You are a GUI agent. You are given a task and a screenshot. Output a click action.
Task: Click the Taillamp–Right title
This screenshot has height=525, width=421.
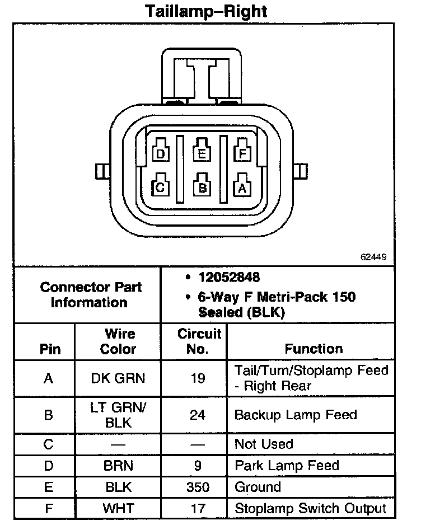coord(206,11)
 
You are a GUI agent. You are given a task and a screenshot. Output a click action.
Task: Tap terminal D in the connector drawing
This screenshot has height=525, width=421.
coord(161,153)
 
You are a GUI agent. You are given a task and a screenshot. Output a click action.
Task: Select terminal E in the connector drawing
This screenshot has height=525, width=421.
coord(202,152)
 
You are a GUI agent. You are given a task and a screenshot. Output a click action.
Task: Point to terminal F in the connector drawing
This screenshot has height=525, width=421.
coord(242,152)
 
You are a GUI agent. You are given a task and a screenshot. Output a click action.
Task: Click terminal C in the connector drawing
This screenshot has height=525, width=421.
coord(160,187)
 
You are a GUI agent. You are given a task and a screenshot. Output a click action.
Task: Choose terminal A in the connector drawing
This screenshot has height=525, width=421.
coord(242,187)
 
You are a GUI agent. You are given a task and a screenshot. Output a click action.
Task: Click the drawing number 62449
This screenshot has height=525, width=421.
coord(373,258)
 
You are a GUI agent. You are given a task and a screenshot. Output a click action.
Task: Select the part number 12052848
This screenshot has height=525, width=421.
coord(229,278)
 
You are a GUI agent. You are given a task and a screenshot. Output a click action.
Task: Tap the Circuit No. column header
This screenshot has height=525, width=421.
coord(199,341)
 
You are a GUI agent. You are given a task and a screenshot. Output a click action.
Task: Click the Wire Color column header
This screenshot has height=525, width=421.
coord(118,341)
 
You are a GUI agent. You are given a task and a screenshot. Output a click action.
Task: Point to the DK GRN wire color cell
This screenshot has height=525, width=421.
coord(118,378)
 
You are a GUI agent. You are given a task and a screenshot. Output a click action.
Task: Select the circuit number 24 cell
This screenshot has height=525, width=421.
coord(198,415)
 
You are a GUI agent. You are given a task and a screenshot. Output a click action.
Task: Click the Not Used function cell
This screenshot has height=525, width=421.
coord(264,444)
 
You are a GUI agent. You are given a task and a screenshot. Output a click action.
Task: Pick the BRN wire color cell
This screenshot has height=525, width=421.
coord(118,466)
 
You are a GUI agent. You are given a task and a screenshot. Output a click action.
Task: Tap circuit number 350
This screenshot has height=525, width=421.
coord(198,487)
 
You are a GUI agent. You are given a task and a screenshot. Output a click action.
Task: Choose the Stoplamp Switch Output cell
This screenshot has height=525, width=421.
coord(310,508)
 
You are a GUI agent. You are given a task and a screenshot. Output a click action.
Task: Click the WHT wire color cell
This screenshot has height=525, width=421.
coord(118,508)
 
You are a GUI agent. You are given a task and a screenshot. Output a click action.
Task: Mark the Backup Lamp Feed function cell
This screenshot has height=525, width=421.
coord(296,415)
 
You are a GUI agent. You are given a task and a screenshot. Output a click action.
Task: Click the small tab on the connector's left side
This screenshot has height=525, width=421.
coord(102,171)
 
